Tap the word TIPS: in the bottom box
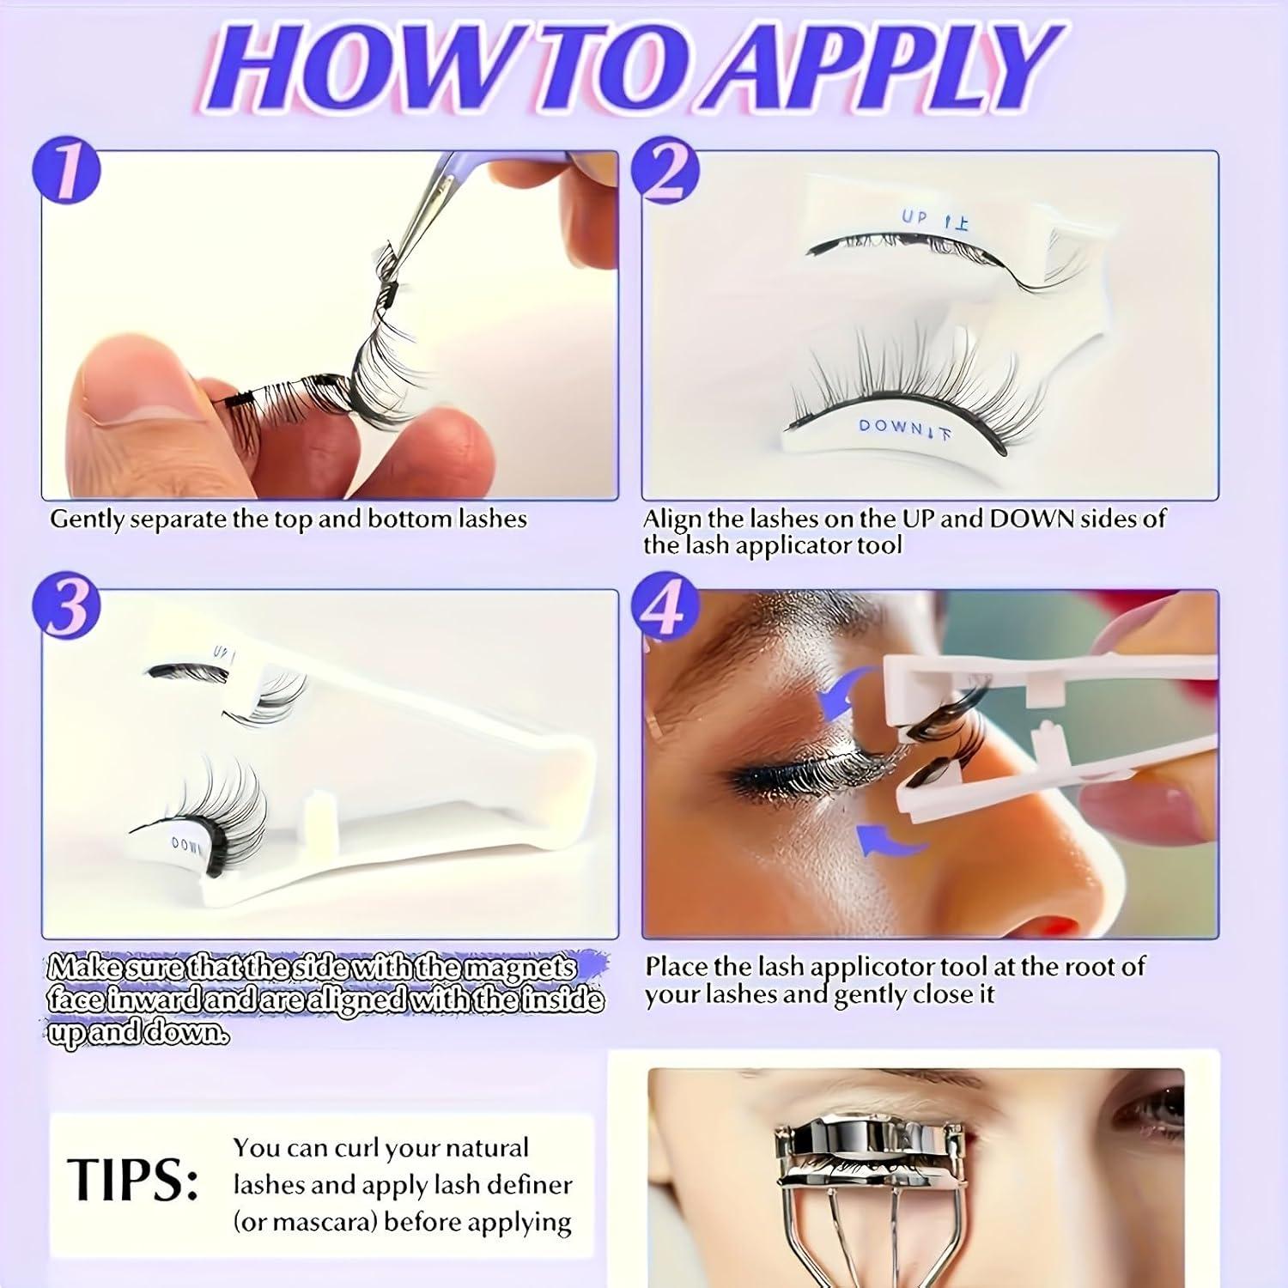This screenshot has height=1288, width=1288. (132, 1179)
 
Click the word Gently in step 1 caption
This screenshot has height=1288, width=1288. (88, 520)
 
